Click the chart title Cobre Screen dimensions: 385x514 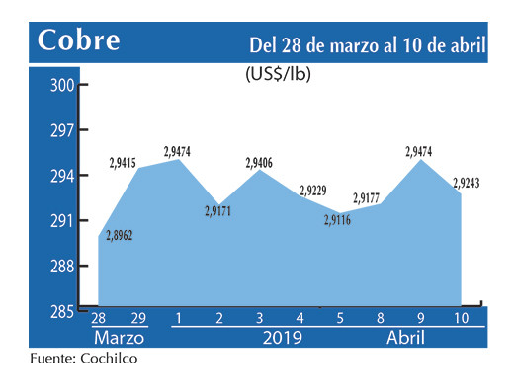point(79,41)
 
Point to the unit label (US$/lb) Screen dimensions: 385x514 point(278,73)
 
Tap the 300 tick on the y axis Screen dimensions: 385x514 point(62,85)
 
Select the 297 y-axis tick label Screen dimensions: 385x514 point(62,130)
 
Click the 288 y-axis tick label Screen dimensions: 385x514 point(62,266)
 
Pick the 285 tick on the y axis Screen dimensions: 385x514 point(62,311)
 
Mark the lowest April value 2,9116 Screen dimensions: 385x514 point(337,220)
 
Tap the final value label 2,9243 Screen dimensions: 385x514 point(468,183)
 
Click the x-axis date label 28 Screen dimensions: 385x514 point(98,318)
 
